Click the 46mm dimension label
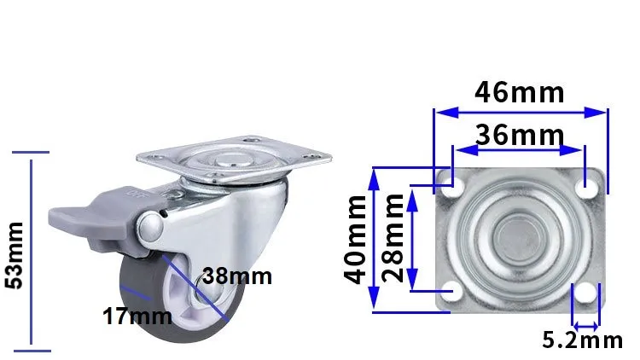(x=520, y=92)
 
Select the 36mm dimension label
(x=520, y=135)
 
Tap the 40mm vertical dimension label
(x=357, y=238)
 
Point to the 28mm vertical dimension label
(x=393, y=238)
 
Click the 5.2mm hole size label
(x=583, y=341)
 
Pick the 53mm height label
(x=15, y=254)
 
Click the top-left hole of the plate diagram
(x=452, y=184)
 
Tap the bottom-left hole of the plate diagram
(x=452, y=293)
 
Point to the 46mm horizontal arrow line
(x=520, y=111)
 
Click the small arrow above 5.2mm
(x=585, y=324)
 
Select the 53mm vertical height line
(x=32, y=252)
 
